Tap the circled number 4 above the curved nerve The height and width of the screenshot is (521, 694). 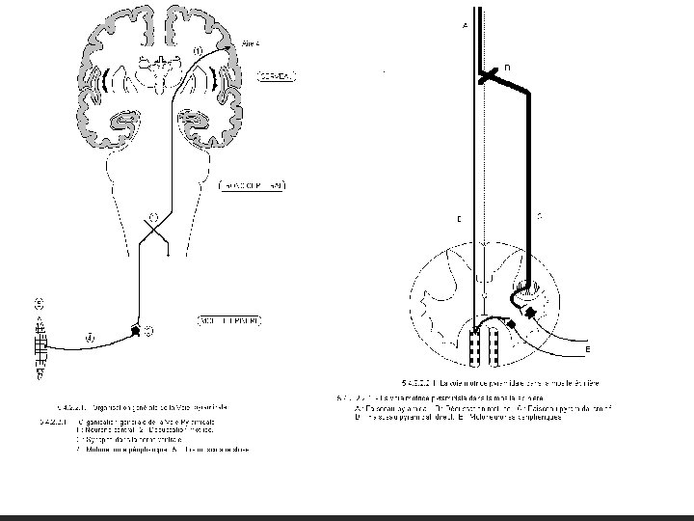click(x=89, y=338)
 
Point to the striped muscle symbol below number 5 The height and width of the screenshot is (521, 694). click(x=40, y=344)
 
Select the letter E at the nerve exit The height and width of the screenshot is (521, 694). click(x=588, y=346)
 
